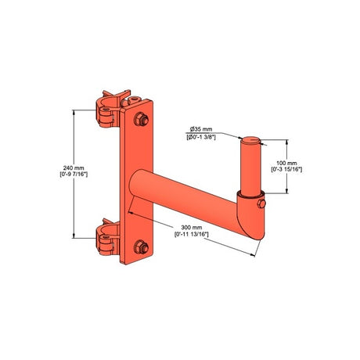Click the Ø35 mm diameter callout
point(201,129)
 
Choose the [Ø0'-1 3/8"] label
point(201,138)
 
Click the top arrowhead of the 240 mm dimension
point(75,111)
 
